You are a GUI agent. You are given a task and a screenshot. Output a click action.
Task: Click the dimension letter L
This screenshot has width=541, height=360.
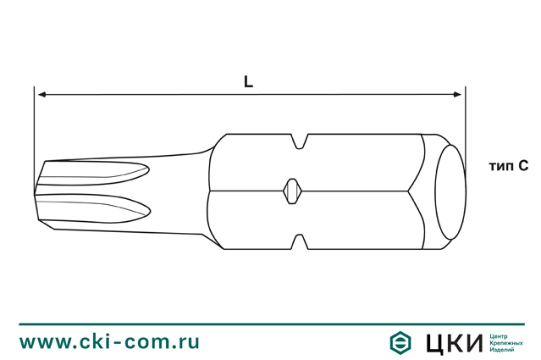tap(248, 82)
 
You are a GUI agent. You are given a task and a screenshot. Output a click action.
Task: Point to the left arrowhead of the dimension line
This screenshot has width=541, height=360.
tap(40, 96)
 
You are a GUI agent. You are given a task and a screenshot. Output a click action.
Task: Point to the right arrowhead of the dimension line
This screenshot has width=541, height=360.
tap(459, 96)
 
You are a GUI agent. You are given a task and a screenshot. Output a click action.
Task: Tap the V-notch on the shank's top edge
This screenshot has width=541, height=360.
tap(300, 141)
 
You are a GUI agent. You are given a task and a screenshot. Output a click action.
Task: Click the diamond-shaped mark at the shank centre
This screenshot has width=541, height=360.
tap(290, 191)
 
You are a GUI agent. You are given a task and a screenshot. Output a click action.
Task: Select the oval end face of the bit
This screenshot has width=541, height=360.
tap(450, 191)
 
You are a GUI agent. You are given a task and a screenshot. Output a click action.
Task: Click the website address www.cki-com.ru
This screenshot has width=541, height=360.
tap(110, 341)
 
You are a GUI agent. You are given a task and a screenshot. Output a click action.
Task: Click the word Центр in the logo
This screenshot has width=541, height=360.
tap(500, 335)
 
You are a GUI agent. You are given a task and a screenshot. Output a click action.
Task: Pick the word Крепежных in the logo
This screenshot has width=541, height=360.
tap(506, 342)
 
